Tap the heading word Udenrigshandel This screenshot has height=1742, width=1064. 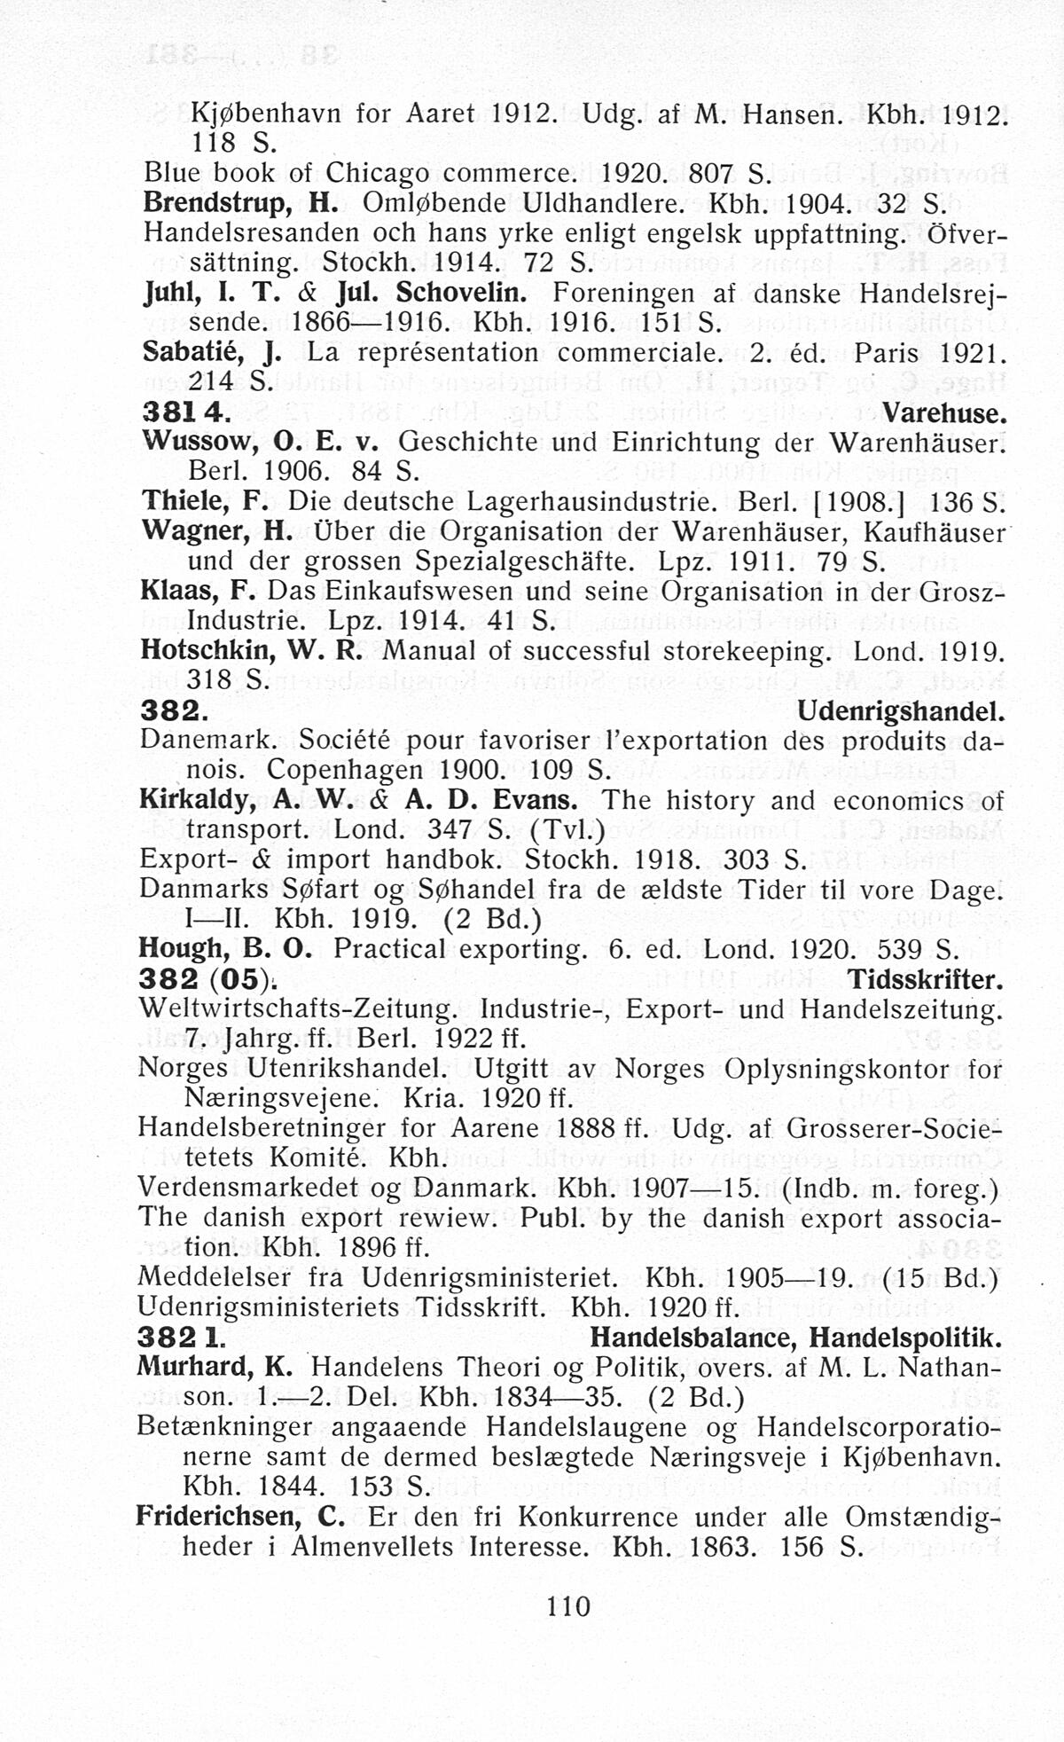900,711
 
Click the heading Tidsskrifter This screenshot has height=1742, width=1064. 926,980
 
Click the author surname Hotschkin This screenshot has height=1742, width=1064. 207,651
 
